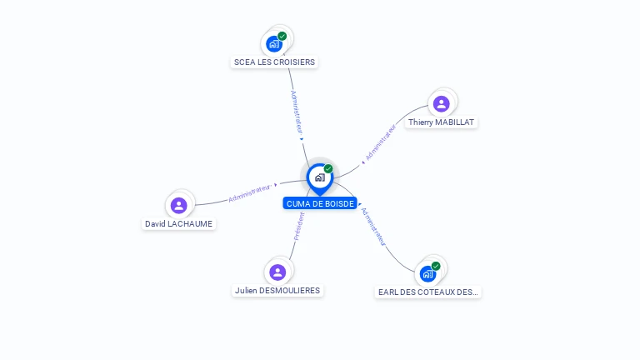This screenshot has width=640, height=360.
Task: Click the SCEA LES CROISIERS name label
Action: pos(274,62)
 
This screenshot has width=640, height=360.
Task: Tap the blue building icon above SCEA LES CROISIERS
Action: pos(274,44)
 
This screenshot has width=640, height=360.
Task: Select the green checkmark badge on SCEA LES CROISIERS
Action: pos(282,37)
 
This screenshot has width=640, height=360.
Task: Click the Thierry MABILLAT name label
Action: pos(441,122)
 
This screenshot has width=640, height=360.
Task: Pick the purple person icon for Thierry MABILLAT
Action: pos(441,103)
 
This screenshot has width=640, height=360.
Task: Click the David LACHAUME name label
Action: pos(178,223)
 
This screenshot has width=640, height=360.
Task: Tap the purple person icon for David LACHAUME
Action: pos(179,205)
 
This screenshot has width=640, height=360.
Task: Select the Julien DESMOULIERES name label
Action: pos(277,290)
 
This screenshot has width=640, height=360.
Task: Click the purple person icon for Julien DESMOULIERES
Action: pos(277,272)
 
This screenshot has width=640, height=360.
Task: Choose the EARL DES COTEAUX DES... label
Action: pos(427,292)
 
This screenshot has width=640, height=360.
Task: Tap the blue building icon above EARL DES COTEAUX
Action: pos(427,274)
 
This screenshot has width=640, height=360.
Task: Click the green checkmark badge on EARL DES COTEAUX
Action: pos(436,266)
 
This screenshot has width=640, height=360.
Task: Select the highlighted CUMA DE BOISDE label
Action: pos(320,203)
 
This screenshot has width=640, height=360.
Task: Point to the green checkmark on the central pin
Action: pos(328,168)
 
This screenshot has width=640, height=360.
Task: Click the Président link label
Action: pos(299,227)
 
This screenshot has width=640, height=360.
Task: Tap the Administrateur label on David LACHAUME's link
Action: pos(250,193)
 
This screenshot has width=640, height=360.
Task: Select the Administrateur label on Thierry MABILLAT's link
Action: pos(380,142)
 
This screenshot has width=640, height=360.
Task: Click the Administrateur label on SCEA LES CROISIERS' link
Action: pos(297,112)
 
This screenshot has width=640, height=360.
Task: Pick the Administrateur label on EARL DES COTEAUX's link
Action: pos(373,227)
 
